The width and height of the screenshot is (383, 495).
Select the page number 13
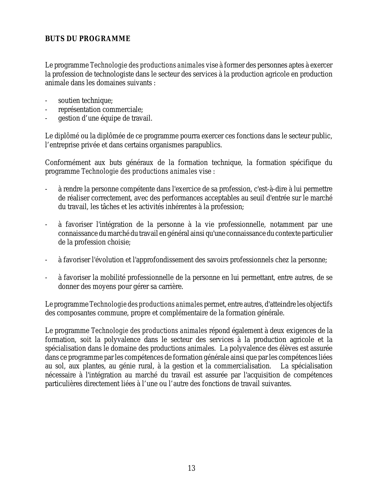click(191, 468)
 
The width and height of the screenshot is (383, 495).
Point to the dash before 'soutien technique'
click(46, 101)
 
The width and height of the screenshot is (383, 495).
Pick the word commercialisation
click(237, 366)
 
